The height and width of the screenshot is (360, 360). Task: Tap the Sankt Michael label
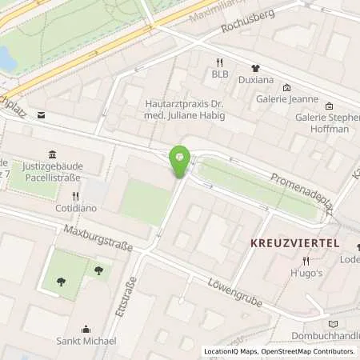tap(86, 341)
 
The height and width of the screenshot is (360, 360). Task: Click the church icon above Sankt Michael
tap(86, 328)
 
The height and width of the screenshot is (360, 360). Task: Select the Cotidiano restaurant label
tap(76, 207)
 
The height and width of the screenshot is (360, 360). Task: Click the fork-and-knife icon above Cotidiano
tap(76, 195)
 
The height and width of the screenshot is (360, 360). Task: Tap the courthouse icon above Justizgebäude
tap(52, 154)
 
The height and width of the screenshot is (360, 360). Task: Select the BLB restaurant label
tap(220, 74)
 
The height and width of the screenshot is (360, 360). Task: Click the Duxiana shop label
tap(257, 81)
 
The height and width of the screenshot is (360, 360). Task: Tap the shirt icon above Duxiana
tap(257, 68)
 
